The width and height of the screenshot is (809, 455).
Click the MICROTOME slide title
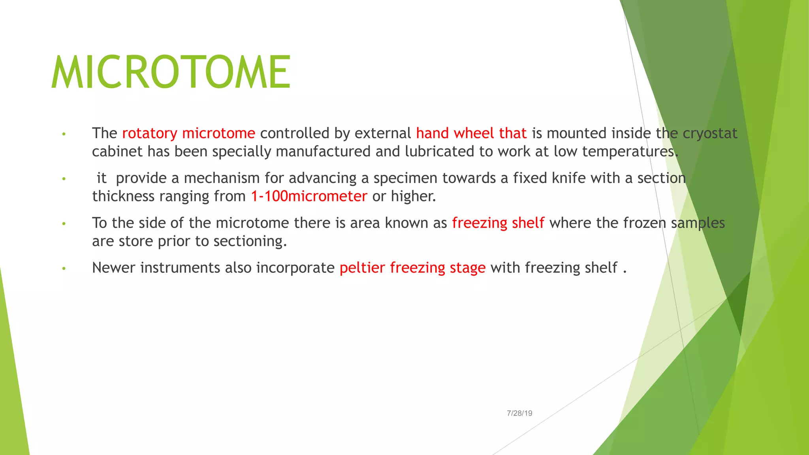[171, 72]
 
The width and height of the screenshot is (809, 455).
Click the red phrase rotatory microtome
[188, 133]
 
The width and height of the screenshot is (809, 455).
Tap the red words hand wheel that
[471, 133]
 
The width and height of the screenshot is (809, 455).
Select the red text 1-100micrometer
[309, 196]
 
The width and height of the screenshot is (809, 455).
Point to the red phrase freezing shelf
[498, 223]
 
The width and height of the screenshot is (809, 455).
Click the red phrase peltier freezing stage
[412, 268]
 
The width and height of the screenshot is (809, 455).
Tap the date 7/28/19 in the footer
[519, 413]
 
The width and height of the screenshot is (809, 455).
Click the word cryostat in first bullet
[710, 133]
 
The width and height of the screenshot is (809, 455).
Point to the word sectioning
[250, 241]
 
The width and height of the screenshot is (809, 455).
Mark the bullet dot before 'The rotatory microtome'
[64, 134]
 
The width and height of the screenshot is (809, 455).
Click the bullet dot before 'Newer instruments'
[64, 269]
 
